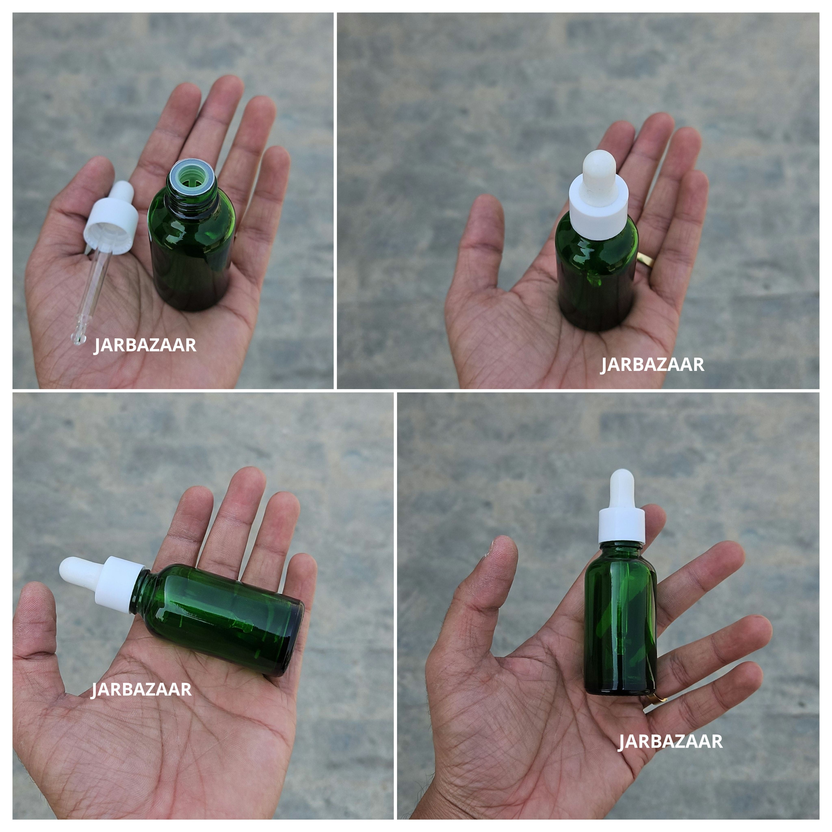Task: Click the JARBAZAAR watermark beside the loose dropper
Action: pos(145,345)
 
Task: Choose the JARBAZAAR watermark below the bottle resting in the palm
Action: pos(652,365)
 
